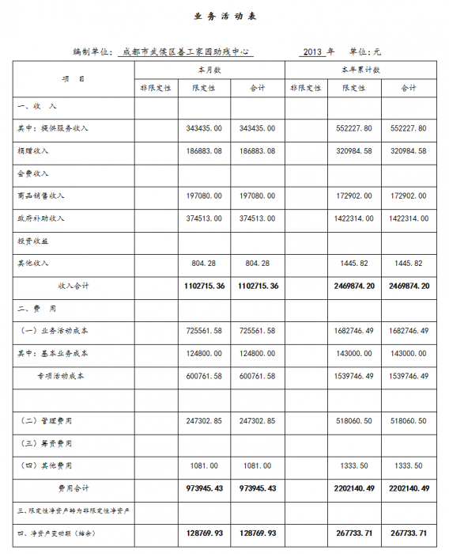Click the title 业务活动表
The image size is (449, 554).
click(225, 16)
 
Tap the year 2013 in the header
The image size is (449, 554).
click(313, 51)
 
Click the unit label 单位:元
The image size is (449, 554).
click(364, 51)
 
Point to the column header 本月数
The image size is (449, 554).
click(209, 70)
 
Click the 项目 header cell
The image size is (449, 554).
click(72, 79)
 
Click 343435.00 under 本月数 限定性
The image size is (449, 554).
click(204, 128)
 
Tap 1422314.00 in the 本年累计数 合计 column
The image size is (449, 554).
click(409, 218)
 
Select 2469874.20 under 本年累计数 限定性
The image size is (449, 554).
click(353, 285)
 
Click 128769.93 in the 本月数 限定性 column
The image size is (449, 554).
click(204, 534)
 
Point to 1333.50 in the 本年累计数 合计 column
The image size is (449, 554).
click(409, 465)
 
